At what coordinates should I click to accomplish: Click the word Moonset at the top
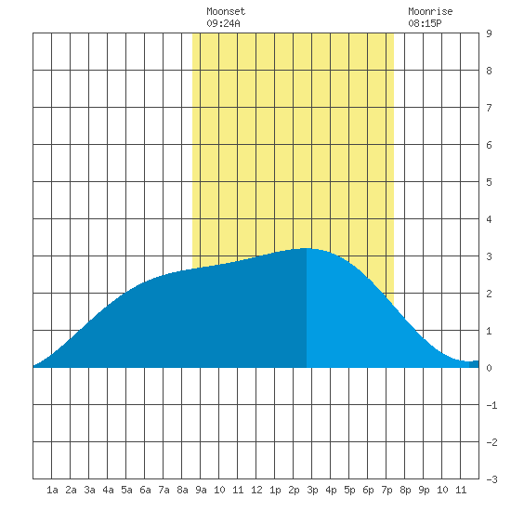click(226, 11)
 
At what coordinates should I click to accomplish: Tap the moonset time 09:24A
click(223, 23)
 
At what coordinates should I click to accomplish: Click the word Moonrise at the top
click(430, 11)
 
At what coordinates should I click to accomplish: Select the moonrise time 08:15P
click(425, 23)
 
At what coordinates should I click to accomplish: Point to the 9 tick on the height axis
click(489, 33)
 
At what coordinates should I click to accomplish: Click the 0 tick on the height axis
click(489, 368)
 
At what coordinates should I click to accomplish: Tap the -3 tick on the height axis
click(491, 479)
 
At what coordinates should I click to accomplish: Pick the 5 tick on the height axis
click(489, 182)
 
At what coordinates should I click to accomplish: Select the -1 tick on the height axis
click(491, 405)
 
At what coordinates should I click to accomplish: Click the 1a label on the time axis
click(52, 490)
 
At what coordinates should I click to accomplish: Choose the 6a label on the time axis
click(145, 490)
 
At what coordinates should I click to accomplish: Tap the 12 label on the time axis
click(256, 490)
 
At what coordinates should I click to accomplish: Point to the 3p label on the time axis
click(312, 490)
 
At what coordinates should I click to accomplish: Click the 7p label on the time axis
click(387, 490)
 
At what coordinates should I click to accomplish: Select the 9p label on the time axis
click(424, 490)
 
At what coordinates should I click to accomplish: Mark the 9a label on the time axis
click(201, 490)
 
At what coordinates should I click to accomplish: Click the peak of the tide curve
click(307, 248)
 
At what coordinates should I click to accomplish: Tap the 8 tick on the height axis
click(489, 71)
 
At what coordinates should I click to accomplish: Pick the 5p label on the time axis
click(349, 490)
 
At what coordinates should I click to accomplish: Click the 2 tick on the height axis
click(489, 294)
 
